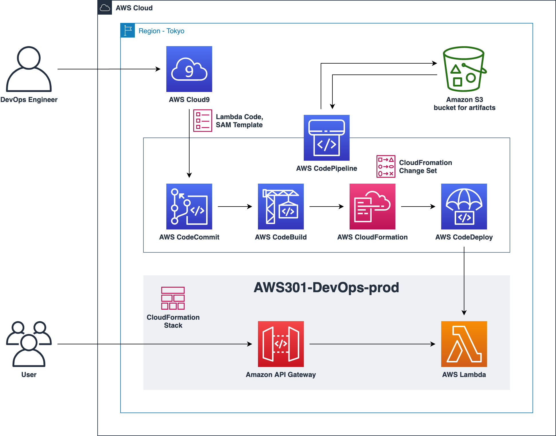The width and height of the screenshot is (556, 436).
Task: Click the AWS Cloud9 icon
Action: (189, 69)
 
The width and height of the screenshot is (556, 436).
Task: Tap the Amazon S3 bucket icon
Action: (464, 69)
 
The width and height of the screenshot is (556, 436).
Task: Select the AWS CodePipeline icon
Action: (327, 138)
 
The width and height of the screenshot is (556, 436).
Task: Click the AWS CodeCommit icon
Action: (189, 207)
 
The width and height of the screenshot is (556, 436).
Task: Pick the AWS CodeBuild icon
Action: (281, 207)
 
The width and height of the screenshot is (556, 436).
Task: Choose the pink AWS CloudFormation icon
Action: (372, 207)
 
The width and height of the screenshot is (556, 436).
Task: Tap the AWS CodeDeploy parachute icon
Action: (464, 207)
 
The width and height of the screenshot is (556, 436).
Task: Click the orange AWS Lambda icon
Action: (464, 344)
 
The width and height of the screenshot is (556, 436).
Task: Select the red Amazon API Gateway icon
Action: (281, 344)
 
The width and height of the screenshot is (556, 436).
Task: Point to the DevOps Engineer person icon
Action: (29, 69)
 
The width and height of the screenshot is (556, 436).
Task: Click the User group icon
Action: (29, 344)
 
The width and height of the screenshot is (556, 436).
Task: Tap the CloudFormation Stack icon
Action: (173, 298)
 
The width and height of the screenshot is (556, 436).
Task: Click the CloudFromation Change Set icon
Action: (386, 166)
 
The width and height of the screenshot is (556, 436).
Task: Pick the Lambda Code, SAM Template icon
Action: (203, 121)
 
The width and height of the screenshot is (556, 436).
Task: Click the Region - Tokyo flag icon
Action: (128, 31)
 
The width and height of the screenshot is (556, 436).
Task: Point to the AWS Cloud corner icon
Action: (105, 8)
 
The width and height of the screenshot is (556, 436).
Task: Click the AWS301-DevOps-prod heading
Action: (326, 287)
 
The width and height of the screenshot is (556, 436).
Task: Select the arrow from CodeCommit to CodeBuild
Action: (235, 207)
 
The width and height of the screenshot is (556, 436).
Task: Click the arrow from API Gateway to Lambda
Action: (372, 344)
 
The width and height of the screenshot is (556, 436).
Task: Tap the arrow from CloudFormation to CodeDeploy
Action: (418, 207)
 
